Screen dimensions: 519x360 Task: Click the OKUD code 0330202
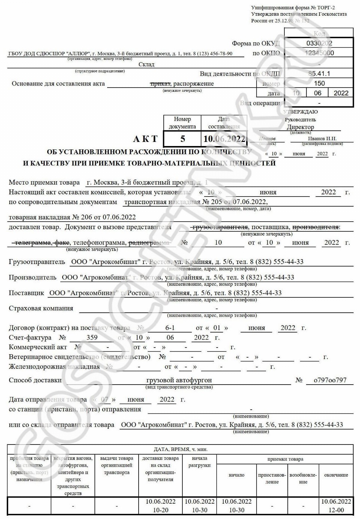pyautogui.click(x=319, y=43)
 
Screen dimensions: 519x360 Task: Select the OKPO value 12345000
pyautogui.click(x=319, y=53)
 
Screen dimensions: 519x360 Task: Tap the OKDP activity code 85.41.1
pyautogui.click(x=319, y=74)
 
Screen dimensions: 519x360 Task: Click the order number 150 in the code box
pyautogui.click(x=319, y=83)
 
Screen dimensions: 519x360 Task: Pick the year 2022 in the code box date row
pyautogui.click(x=341, y=93)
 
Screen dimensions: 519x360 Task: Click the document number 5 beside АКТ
pyautogui.click(x=182, y=139)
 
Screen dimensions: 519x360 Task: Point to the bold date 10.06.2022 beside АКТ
pyautogui.click(x=224, y=139)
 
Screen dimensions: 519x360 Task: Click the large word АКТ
pyautogui.click(x=145, y=139)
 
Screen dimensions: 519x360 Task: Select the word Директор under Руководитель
pyautogui.click(x=300, y=127)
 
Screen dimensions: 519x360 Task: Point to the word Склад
pyautogui.click(x=146, y=64)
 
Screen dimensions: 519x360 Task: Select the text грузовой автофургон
pyautogui.click(x=179, y=380)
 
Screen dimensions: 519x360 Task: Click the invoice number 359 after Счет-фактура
pyautogui.click(x=92, y=337)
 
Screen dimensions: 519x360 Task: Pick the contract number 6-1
pyautogui.click(x=170, y=328)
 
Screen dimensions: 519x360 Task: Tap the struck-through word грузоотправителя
pyautogui.click(x=220, y=227)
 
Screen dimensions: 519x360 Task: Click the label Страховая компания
pyautogui.click(x=41, y=308)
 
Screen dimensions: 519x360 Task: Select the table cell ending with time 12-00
pyautogui.click(x=336, y=506)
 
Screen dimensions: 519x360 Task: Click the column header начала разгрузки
pyautogui.click(x=199, y=462)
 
